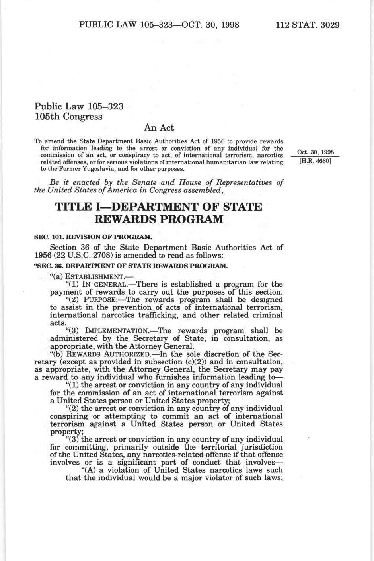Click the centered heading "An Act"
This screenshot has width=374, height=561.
(x=159, y=128)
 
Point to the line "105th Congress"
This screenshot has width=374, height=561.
(x=68, y=117)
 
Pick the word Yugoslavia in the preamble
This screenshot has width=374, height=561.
(x=79, y=168)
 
